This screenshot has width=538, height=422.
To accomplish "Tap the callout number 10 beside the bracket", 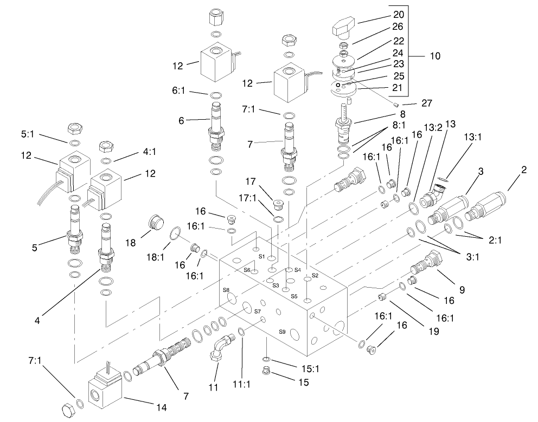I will (x=435, y=55).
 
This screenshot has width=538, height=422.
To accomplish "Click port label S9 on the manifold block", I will (x=282, y=332).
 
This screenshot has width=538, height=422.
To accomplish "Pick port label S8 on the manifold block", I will (x=226, y=290).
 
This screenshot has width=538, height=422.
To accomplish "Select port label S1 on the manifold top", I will (x=261, y=255).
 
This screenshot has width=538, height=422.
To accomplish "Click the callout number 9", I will (x=462, y=290).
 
